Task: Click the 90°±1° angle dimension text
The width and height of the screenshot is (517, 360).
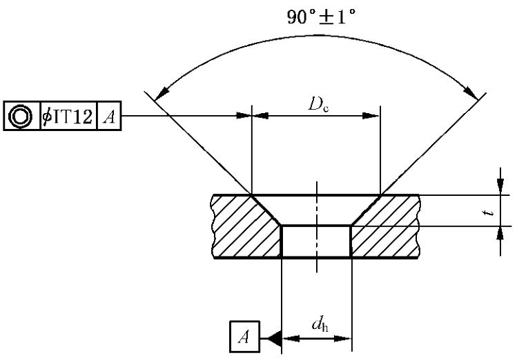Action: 322,17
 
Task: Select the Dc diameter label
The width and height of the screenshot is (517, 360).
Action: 318,104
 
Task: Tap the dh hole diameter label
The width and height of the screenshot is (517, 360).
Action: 320,324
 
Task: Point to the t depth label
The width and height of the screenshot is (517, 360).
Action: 490,211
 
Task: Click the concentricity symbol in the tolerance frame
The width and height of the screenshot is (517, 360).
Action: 21,116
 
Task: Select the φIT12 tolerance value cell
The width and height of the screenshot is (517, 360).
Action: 68,116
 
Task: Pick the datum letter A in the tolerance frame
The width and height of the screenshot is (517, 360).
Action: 109,117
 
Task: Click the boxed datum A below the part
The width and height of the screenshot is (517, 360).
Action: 244,337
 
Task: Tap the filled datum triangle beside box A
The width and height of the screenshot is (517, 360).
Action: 274,338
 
